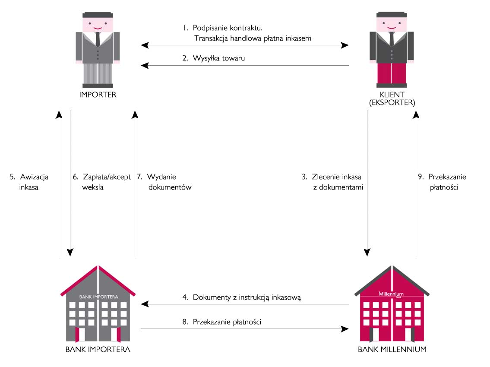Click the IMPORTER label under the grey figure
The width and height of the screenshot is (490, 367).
pos(98,95)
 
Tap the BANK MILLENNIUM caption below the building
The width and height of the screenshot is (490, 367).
pos(392,349)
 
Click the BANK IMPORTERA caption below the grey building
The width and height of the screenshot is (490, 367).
pos(98,349)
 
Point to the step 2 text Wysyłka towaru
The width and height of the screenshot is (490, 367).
pos(213,58)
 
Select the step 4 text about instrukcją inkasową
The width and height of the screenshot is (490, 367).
pos(241,297)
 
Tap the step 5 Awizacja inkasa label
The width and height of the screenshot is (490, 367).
pos(29,182)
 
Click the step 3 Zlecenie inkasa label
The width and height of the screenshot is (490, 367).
pos(332,182)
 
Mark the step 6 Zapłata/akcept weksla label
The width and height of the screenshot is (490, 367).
pos(102,182)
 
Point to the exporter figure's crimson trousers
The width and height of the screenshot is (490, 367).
pos(392,73)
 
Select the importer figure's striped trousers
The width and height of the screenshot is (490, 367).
pos(98,73)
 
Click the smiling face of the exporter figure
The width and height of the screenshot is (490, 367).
pos(392,24)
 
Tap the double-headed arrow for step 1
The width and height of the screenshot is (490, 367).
pos(245,44)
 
